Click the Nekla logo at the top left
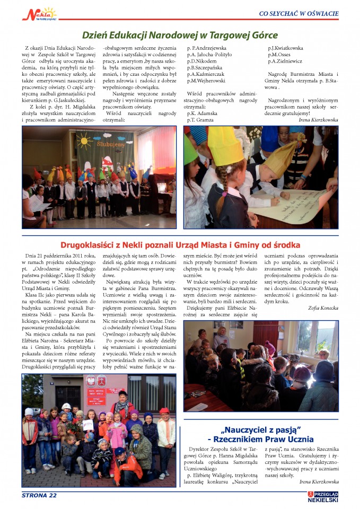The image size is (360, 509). coord(38,13)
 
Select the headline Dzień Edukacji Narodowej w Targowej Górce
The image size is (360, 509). coord(180,36)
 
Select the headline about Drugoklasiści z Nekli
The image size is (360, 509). coord(180,245)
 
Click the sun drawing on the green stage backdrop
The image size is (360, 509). coord(84,141)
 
